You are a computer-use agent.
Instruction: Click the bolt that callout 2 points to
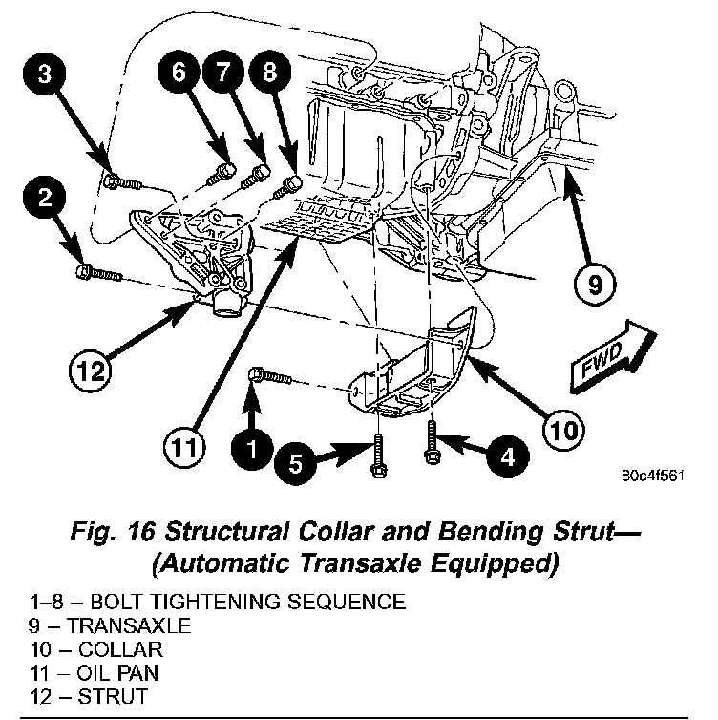98,273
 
